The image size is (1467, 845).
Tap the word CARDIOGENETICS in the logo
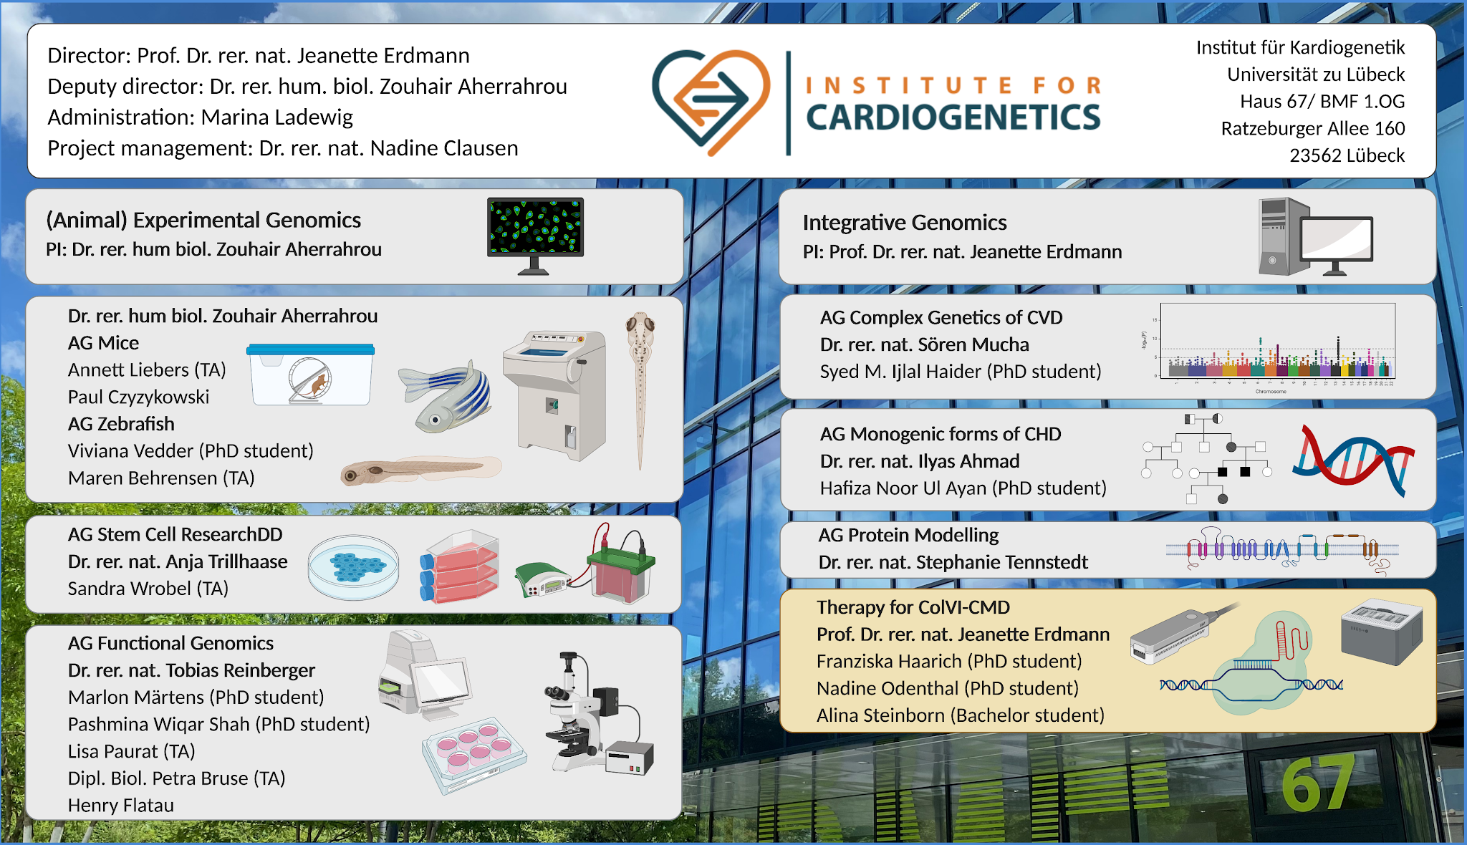click(x=953, y=117)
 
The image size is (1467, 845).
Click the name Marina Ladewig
click(x=277, y=117)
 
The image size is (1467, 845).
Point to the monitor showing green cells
click(x=535, y=236)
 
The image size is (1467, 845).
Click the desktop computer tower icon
click(x=1284, y=236)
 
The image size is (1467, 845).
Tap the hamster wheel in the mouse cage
click(x=310, y=380)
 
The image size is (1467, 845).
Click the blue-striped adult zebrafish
click(x=445, y=395)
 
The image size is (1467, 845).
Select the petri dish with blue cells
click(x=353, y=567)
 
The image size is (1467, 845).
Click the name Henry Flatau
click(x=121, y=805)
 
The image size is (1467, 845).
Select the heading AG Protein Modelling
click(x=908, y=535)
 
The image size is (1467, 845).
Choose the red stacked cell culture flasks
click(x=460, y=566)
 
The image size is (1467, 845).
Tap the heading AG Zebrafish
click(x=121, y=424)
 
